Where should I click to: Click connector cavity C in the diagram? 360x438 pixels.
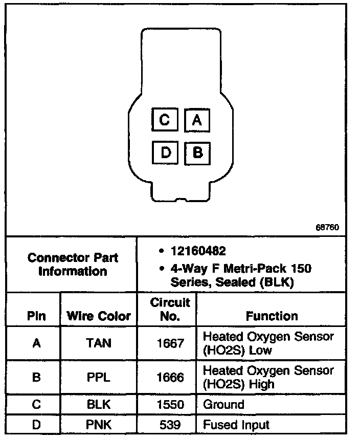click(x=165, y=120)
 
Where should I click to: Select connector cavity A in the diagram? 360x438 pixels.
click(x=197, y=120)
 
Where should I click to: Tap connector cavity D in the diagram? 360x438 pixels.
click(x=165, y=152)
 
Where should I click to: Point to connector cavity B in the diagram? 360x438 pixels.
click(x=197, y=152)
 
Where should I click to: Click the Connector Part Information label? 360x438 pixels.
click(x=72, y=264)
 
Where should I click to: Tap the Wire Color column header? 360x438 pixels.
click(x=99, y=316)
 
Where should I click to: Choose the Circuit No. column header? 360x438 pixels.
click(x=170, y=309)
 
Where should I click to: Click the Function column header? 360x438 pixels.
click(x=272, y=316)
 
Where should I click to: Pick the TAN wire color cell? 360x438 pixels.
click(x=99, y=343)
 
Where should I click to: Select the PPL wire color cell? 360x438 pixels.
click(x=99, y=378)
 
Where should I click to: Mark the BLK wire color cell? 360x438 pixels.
click(x=99, y=405)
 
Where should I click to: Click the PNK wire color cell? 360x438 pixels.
click(x=99, y=425)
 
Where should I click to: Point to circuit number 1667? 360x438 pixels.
click(x=170, y=343)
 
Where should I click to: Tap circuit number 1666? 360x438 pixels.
click(x=170, y=378)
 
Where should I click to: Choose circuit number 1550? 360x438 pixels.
click(x=170, y=405)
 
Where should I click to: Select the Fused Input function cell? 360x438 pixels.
click(x=236, y=425)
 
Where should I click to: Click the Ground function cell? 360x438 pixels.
click(x=223, y=405)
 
